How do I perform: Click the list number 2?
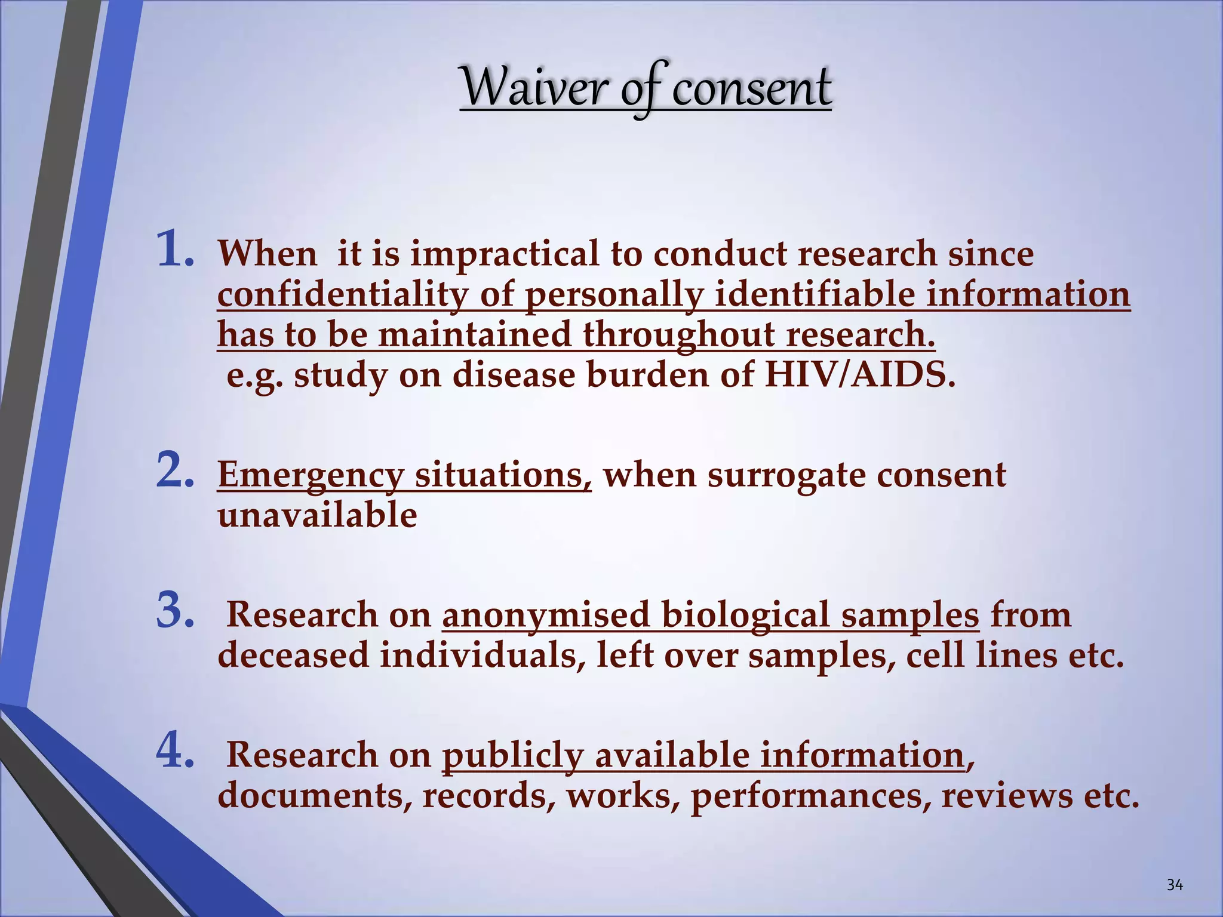174,470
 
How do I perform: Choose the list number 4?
174,750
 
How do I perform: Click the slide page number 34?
1174,885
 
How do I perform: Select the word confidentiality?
342,295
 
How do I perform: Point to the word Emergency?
310,476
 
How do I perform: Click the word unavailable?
317,515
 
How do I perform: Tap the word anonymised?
545,616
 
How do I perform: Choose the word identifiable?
814,295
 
